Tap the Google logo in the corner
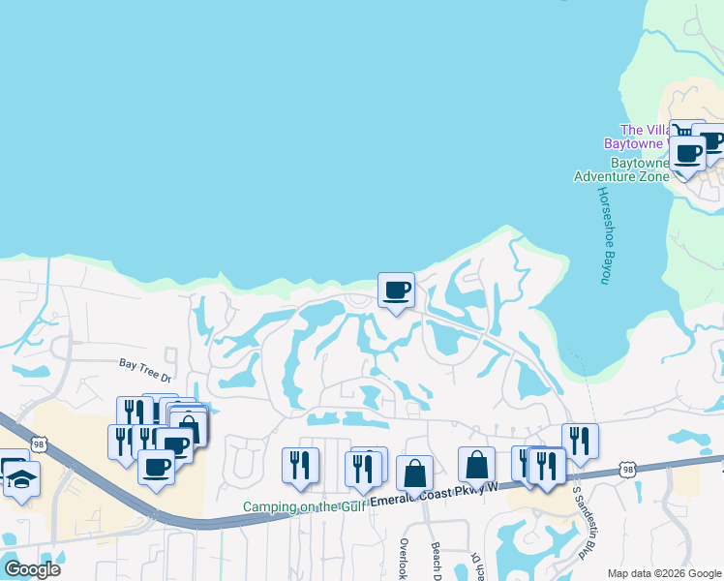click(32, 569)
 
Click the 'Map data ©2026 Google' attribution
click(664, 572)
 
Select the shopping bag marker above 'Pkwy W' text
click(476, 465)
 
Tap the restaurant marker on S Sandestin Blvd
click(580, 440)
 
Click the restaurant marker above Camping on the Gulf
click(300, 465)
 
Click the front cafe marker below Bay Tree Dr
click(156, 468)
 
